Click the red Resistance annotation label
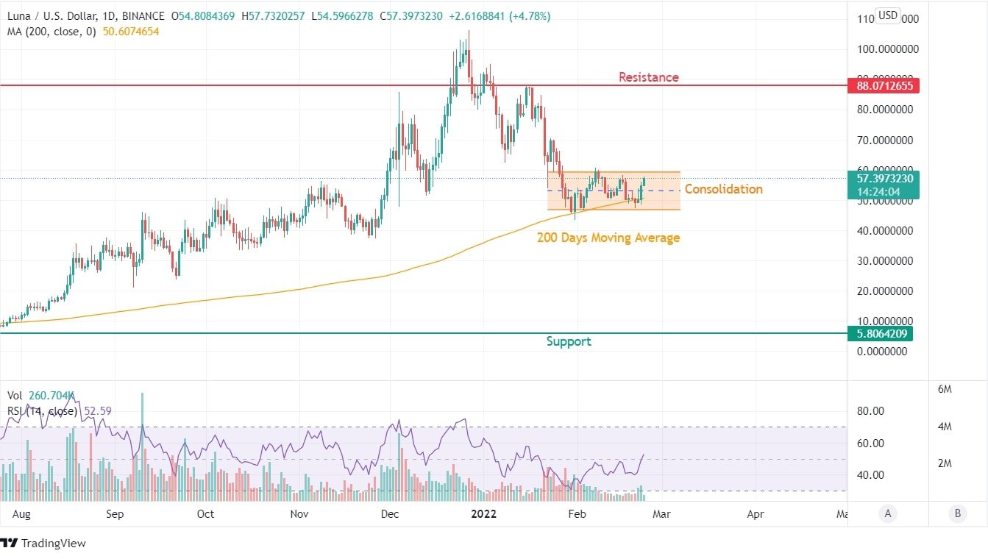pyautogui.click(x=648, y=77)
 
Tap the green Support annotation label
pyautogui.click(x=568, y=341)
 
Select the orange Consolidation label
pyautogui.click(x=723, y=189)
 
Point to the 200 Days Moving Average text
pyautogui.click(x=608, y=238)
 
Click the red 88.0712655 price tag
pyautogui.click(x=883, y=86)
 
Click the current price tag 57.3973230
pyautogui.click(x=883, y=178)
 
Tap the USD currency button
pyautogui.click(x=888, y=15)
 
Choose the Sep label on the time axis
pyautogui.click(x=114, y=514)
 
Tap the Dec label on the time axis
pyautogui.click(x=390, y=514)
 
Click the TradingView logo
pyautogui.click(x=44, y=544)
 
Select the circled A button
pyautogui.click(x=888, y=513)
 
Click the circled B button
pyautogui.click(x=957, y=513)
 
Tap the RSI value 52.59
pyautogui.click(x=97, y=411)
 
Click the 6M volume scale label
pyautogui.click(x=945, y=389)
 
